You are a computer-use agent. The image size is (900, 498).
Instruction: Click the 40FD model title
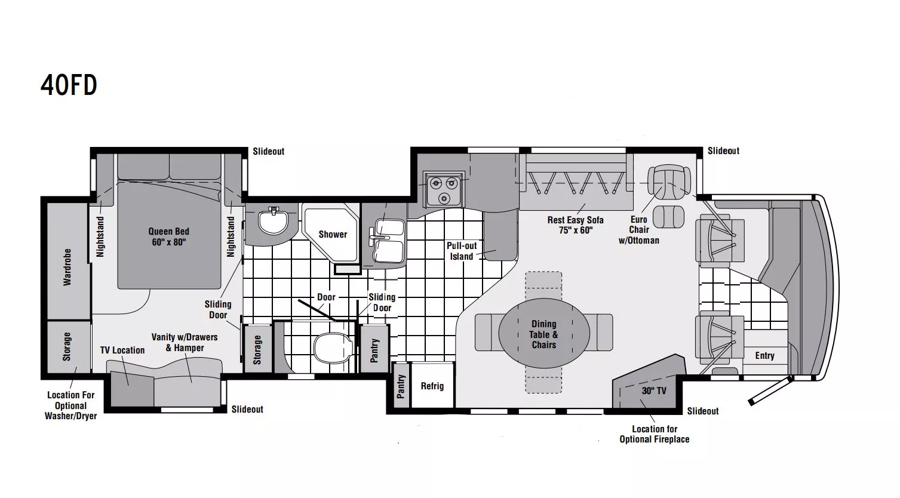pos(69,85)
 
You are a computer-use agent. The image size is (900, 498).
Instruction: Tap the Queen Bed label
pos(169,236)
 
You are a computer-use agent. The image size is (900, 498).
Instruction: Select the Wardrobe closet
pos(67,261)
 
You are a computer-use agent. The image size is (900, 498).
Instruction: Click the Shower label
pos(333,234)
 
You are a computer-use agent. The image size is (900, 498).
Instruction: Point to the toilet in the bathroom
pos(333,348)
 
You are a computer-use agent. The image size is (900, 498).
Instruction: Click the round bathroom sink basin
pos(273,222)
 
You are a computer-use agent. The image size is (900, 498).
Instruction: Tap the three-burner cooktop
pos(444,189)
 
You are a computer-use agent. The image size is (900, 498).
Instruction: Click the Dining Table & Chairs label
pos(544,334)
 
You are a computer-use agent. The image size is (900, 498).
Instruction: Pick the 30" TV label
pos(654,391)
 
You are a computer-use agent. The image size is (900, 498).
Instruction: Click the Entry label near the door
pos(764,356)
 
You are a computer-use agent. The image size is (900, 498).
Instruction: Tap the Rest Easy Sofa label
pos(575,225)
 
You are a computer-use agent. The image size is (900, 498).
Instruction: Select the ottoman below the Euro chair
pos(668,217)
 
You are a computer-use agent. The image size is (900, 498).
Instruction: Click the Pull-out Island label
pos(462,251)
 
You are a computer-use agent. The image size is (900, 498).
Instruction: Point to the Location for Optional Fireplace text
pos(655,434)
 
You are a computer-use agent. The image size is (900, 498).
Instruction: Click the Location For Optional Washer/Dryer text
pos(70,405)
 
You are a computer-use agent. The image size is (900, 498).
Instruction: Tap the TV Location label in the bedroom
pos(122,350)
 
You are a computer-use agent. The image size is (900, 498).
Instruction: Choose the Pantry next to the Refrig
pos(401,386)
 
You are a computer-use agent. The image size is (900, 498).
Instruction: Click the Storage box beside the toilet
pos(257,349)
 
